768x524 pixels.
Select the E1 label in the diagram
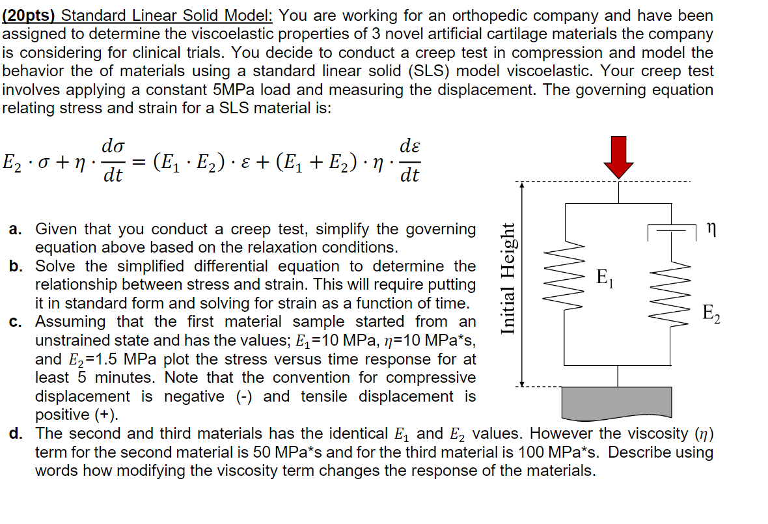[603, 277]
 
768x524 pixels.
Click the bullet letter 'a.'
[16, 229]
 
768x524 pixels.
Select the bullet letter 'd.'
[16, 434]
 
